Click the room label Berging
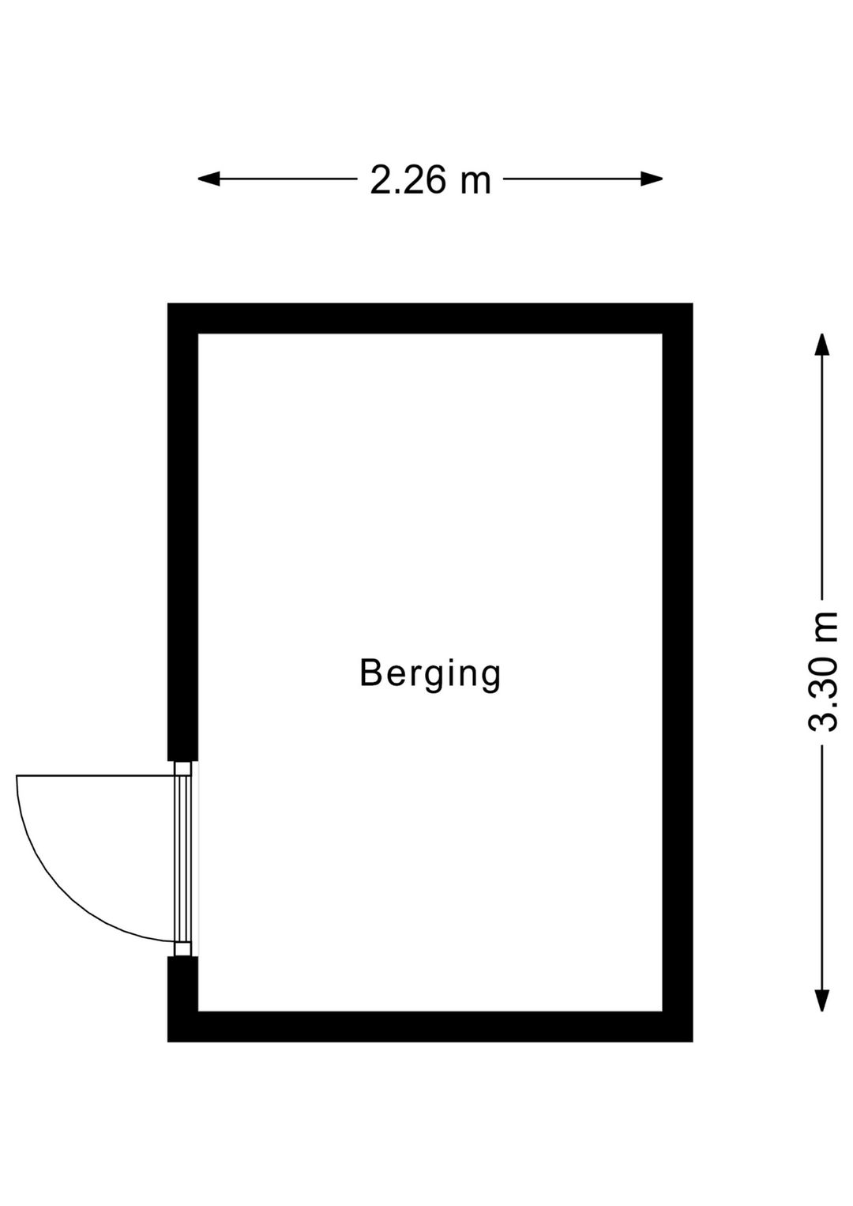tap(430, 673)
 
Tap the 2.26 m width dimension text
tap(430, 179)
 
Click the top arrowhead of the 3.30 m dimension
tap(821, 345)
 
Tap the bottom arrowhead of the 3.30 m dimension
tap(821, 1001)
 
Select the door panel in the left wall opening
tap(183, 858)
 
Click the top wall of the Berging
tap(430, 318)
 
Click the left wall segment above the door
tap(183, 532)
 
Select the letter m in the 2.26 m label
tap(475, 183)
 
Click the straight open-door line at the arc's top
tap(96, 776)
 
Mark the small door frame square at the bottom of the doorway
tap(183, 948)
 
